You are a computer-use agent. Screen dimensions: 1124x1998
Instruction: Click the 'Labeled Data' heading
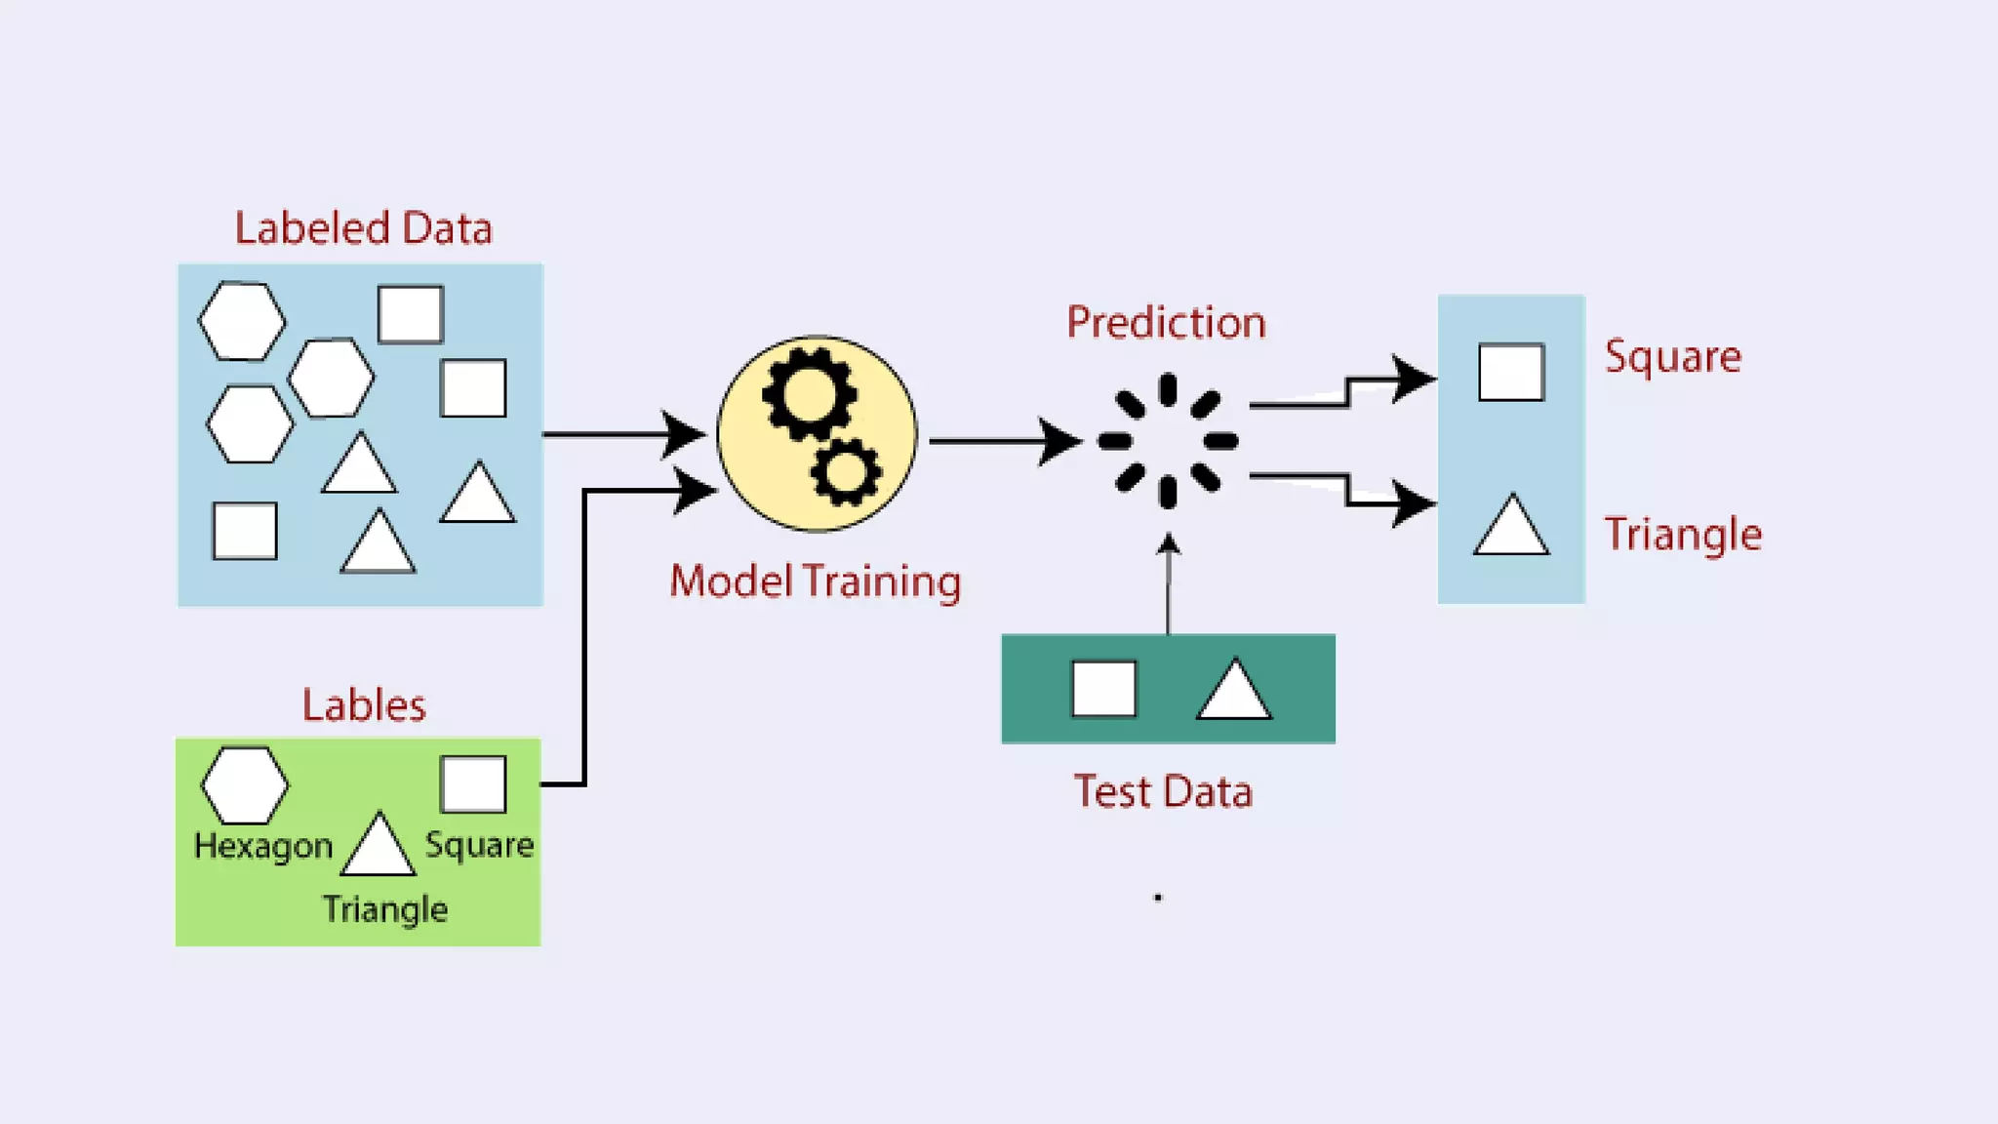tap(363, 228)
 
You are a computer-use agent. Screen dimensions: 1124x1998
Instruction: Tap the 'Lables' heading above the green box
tap(363, 704)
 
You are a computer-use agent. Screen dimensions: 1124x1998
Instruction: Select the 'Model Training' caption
tap(815, 582)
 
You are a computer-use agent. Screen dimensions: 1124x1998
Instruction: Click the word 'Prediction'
tap(1166, 322)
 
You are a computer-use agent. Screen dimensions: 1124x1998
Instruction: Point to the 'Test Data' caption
tap(1163, 791)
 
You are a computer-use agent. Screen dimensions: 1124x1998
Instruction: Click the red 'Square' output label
tap(1672, 356)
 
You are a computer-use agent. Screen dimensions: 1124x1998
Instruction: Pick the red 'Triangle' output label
tap(1683, 534)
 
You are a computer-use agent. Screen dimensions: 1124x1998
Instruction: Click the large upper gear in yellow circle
tap(810, 395)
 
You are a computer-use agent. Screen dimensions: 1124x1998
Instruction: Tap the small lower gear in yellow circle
tap(845, 472)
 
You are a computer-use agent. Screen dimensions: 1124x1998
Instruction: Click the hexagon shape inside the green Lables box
tap(244, 785)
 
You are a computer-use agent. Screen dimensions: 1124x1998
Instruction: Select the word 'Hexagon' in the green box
tap(263, 846)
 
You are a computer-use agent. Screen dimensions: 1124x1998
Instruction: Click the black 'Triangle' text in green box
tap(384, 909)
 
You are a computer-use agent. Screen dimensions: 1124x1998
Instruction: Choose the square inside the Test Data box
tap(1103, 689)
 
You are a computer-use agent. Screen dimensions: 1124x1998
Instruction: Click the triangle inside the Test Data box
tap(1233, 691)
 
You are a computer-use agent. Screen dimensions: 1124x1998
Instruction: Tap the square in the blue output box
tap(1510, 372)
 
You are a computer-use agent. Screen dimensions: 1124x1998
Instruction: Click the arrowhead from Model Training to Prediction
tap(1059, 441)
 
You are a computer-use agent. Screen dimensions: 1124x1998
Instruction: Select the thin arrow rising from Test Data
tap(1168, 585)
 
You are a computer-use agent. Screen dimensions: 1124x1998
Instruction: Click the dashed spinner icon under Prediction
tap(1168, 441)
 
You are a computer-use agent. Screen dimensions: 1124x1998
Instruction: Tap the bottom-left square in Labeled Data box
tap(244, 532)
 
